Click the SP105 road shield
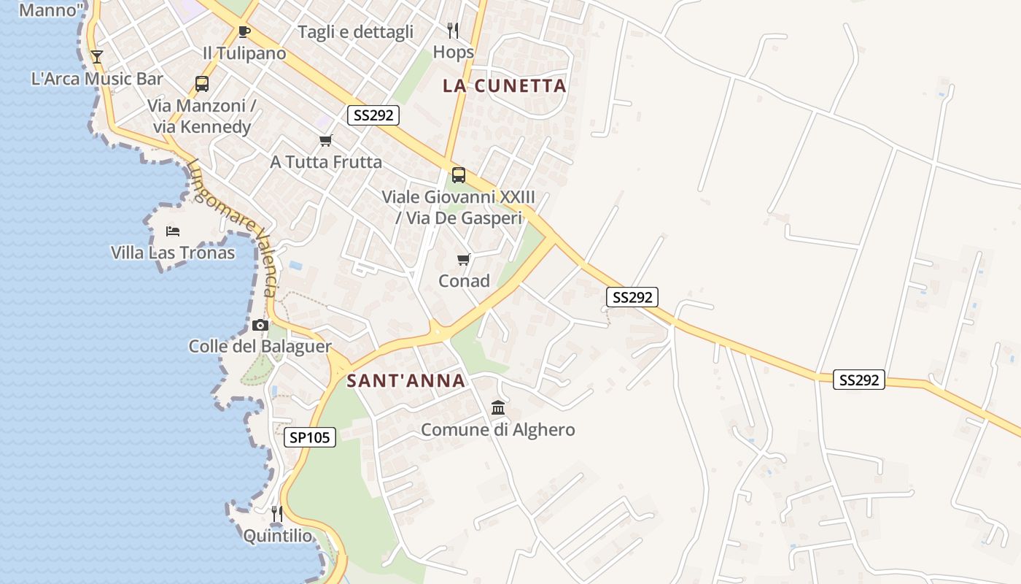pyautogui.click(x=310, y=437)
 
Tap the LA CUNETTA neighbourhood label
pyautogui.click(x=505, y=85)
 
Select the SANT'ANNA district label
pyautogui.click(x=405, y=380)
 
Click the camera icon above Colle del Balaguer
pyautogui.click(x=260, y=326)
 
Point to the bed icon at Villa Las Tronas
pyautogui.click(x=173, y=231)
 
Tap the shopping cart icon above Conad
pyautogui.click(x=463, y=259)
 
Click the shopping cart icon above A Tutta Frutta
pyautogui.click(x=326, y=140)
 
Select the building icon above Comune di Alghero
pyautogui.click(x=498, y=407)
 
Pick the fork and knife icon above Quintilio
pyautogui.click(x=277, y=514)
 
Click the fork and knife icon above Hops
pyautogui.click(x=453, y=30)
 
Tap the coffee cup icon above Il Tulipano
pyautogui.click(x=244, y=31)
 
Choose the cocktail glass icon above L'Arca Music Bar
pyautogui.click(x=97, y=56)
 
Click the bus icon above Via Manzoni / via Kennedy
pyautogui.click(x=202, y=84)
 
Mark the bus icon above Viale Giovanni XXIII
pyautogui.click(x=458, y=175)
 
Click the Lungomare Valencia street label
pyautogui.click(x=233, y=227)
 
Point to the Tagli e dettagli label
pyautogui.click(x=356, y=31)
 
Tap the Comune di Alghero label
pyautogui.click(x=498, y=430)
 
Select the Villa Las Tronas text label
pyautogui.click(x=173, y=253)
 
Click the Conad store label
pyautogui.click(x=464, y=280)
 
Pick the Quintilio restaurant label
pyautogui.click(x=277, y=536)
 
